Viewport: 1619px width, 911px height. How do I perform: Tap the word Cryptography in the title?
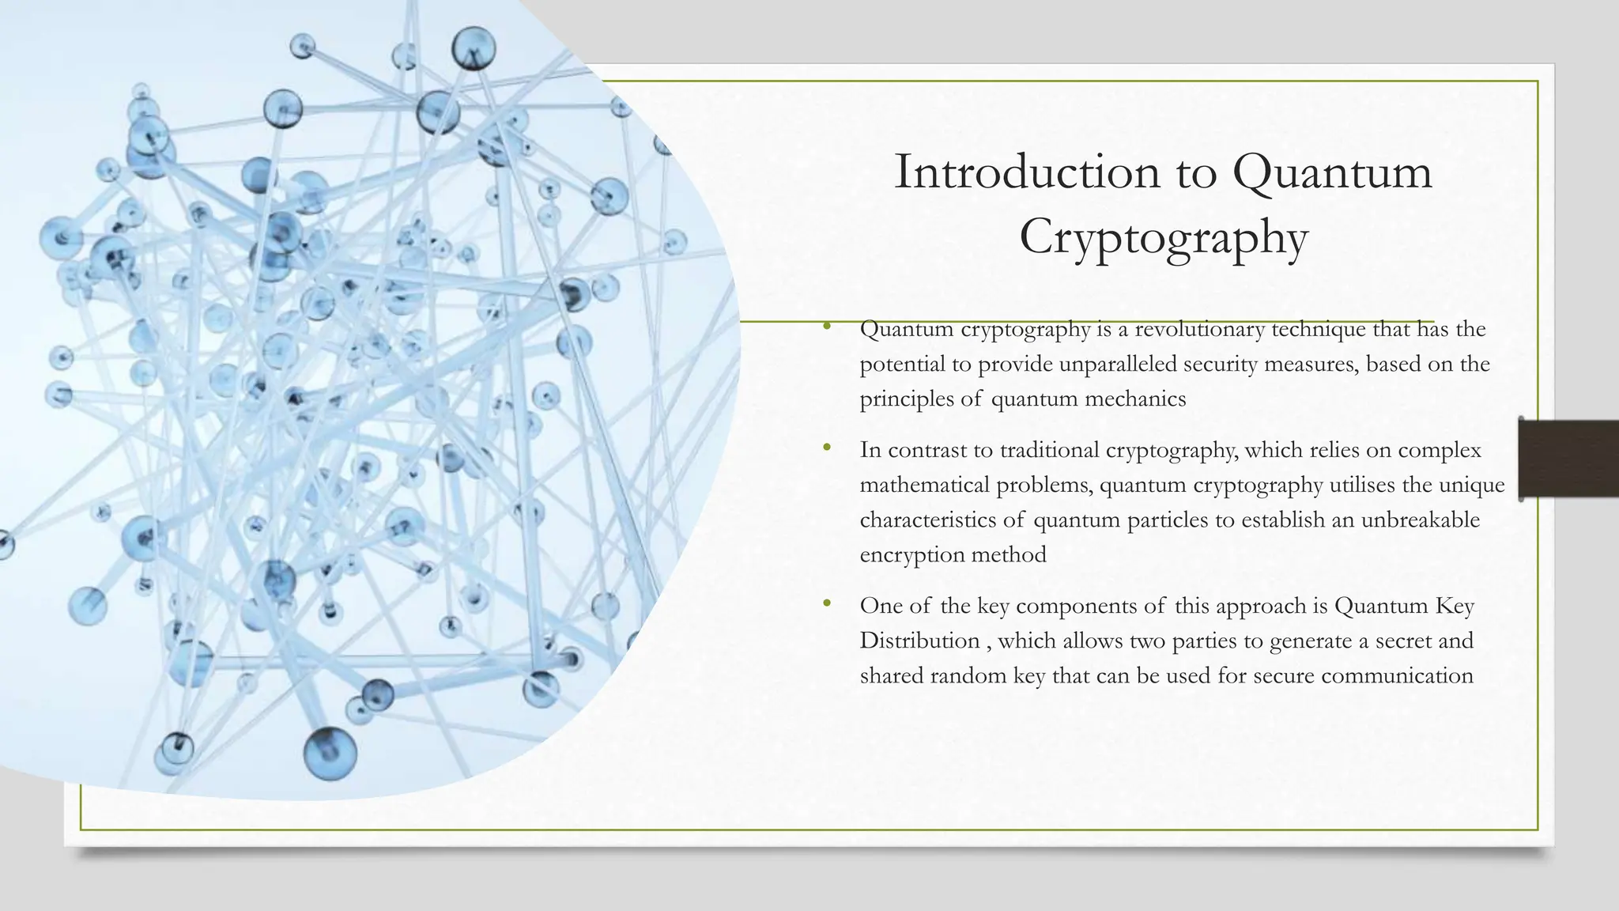click(x=1163, y=236)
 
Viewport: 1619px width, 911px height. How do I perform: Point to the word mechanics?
click(x=1135, y=399)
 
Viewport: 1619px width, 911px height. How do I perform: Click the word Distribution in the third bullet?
click(x=919, y=641)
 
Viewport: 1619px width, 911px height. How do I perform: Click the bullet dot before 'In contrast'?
click(x=827, y=448)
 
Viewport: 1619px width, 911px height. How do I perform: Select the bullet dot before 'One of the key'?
click(x=827, y=603)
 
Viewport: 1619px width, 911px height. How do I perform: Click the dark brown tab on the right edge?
click(x=1568, y=459)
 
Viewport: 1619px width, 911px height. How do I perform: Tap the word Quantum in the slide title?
click(x=1332, y=172)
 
